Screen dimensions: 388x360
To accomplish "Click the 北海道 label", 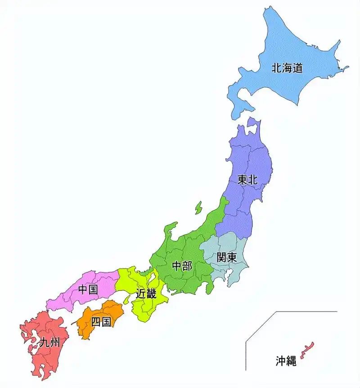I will pos(287,68).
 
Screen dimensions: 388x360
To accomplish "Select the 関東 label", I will pos(226,258).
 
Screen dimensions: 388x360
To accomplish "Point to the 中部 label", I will pos(182,266).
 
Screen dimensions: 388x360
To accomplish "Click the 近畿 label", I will pos(146,294).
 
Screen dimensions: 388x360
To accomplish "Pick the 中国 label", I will pos(88,290).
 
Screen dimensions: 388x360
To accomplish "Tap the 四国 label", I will pos(101,322).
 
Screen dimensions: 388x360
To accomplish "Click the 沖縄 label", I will pos(286,361).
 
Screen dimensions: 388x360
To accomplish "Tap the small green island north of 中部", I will pos(198,208).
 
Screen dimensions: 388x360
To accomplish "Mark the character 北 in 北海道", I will pos(276,68).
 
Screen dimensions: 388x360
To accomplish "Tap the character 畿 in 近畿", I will pos(151,294).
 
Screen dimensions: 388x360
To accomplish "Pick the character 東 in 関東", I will pos(232,258).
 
